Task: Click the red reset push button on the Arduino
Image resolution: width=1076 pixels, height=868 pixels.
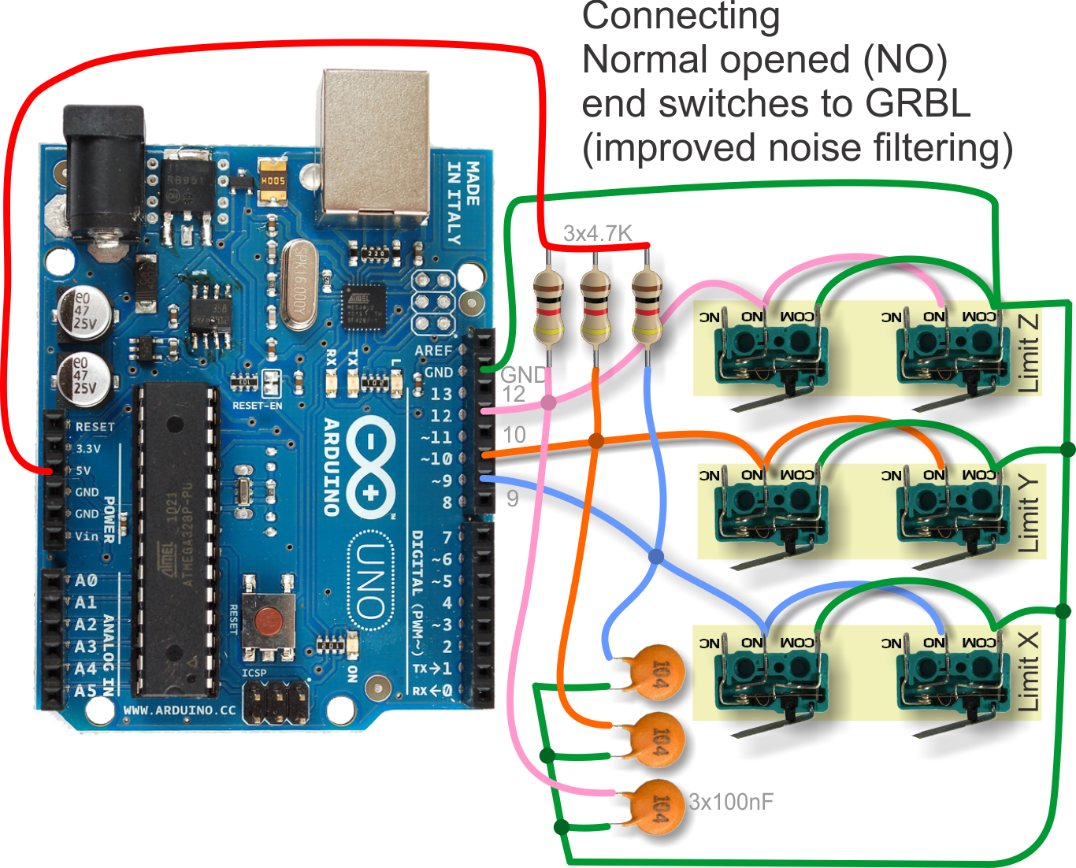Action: [268, 621]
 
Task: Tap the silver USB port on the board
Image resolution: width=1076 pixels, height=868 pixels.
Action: [375, 142]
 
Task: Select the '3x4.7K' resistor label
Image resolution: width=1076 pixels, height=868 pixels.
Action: [597, 233]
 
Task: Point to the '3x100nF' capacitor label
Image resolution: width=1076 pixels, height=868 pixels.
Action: [731, 802]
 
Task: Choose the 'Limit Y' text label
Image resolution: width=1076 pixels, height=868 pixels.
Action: [1028, 514]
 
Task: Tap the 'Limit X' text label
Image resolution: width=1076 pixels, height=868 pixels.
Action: [1028, 671]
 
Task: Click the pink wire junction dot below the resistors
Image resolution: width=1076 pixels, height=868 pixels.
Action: [548, 402]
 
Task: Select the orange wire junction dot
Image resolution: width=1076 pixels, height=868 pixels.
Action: [596, 441]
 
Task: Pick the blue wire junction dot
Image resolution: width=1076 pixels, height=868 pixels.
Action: [655, 557]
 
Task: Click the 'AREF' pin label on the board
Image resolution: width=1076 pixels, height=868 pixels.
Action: [433, 351]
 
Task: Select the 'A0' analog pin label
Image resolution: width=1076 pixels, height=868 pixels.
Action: [86, 581]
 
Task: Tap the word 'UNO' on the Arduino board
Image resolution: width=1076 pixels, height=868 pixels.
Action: [369, 582]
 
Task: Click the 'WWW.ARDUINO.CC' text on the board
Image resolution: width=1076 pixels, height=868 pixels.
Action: [180, 710]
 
